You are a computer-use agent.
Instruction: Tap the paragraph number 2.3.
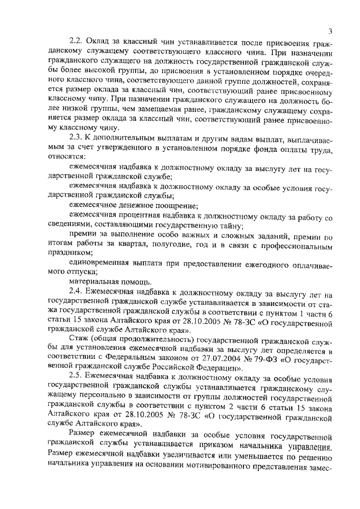(75, 138)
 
